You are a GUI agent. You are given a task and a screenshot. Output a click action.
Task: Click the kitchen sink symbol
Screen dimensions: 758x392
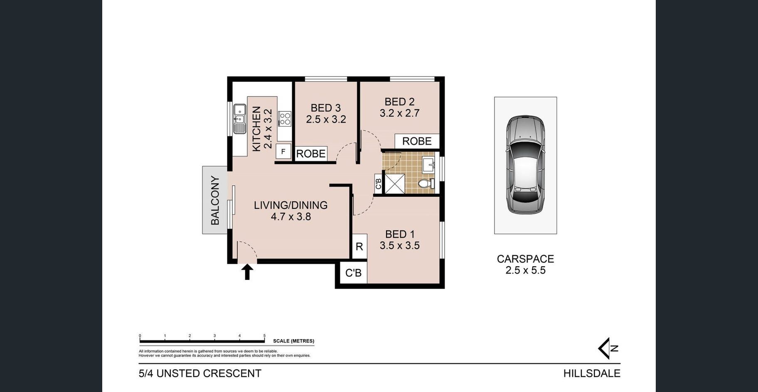pyautogui.click(x=240, y=119)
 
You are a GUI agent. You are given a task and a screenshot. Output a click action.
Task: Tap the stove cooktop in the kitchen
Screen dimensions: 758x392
pyautogui.click(x=285, y=118)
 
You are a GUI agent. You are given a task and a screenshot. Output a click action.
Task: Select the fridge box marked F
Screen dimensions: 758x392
pyautogui.click(x=283, y=152)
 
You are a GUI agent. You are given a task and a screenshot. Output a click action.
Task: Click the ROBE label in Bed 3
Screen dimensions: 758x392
pyautogui.click(x=311, y=154)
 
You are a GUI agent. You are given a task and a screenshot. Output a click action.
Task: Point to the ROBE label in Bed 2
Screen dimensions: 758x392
pyautogui.click(x=417, y=141)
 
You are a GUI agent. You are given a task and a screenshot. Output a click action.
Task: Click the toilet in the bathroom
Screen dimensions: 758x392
pyautogui.click(x=426, y=184)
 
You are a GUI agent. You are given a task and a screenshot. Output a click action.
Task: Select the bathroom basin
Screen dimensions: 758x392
pyautogui.click(x=428, y=165)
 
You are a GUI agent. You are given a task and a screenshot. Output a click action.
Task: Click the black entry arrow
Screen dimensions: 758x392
pyautogui.click(x=247, y=272)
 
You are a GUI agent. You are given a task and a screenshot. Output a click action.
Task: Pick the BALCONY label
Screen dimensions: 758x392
pyautogui.click(x=215, y=200)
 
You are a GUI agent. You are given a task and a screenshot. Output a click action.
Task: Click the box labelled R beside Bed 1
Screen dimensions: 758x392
pyautogui.click(x=359, y=246)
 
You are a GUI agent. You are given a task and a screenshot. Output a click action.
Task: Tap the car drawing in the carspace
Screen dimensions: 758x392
pyautogui.click(x=525, y=165)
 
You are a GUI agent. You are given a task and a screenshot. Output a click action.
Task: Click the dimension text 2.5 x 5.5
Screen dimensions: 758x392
pyautogui.click(x=525, y=270)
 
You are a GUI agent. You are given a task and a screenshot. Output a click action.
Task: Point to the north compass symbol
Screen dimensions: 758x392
pyautogui.click(x=608, y=348)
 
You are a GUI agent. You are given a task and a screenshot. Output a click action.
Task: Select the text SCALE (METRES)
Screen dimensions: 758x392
pyautogui.click(x=293, y=341)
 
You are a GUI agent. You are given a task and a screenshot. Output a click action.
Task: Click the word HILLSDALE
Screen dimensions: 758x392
pyautogui.click(x=592, y=373)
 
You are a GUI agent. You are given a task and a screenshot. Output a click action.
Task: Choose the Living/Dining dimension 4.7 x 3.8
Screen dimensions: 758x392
pyautogui.click(x=291, y=216)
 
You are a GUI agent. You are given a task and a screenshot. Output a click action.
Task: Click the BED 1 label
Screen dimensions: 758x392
pyautogui.click(x=400, y=234)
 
